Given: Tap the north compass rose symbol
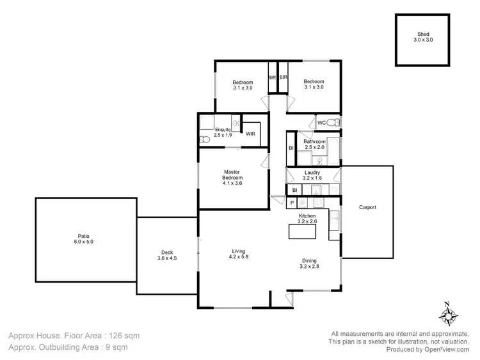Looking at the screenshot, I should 448,315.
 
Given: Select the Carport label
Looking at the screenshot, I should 367,207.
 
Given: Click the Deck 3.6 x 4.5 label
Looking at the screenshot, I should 166,255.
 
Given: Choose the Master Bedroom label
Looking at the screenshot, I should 232,177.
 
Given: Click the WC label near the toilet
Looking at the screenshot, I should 322,123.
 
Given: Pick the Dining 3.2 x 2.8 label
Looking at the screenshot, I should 310,263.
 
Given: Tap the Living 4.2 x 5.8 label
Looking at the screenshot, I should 239,254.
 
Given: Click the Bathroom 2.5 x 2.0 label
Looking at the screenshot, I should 314,145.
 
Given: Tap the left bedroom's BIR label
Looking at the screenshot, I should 272,77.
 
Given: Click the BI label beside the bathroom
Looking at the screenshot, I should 291,148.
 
